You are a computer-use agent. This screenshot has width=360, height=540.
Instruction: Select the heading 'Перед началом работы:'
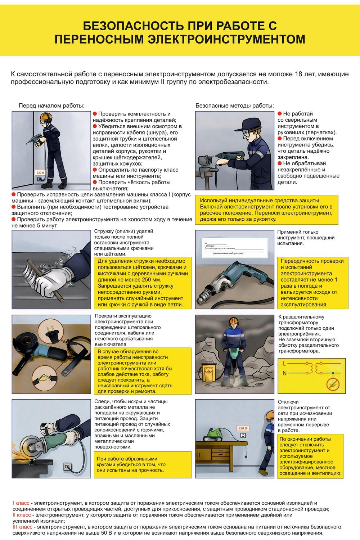tap(51, 105)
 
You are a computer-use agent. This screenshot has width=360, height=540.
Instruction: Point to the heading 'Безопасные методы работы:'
tap(234, 105)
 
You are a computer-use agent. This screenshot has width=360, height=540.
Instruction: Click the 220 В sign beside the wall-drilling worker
tap(40, 173)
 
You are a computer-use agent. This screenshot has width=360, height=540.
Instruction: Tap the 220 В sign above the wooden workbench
tap(243, 428)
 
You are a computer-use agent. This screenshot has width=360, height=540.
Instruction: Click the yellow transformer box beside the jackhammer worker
tap(208, 373)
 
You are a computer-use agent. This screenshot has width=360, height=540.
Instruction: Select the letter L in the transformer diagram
tap(284, 364)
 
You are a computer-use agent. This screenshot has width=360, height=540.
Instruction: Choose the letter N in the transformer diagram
tap(284, 373)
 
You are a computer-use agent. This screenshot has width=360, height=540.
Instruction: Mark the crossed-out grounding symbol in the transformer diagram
tap(333, 385)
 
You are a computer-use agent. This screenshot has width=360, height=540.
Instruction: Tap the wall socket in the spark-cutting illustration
tap(67, 467)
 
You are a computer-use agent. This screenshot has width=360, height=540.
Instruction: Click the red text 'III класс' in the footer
tap(22, 527)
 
